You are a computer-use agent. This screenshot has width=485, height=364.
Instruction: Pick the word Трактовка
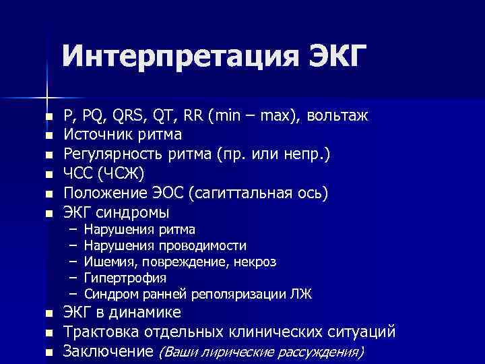(102, 332)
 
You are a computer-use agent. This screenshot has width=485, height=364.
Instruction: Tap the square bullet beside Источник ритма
(48, 135)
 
